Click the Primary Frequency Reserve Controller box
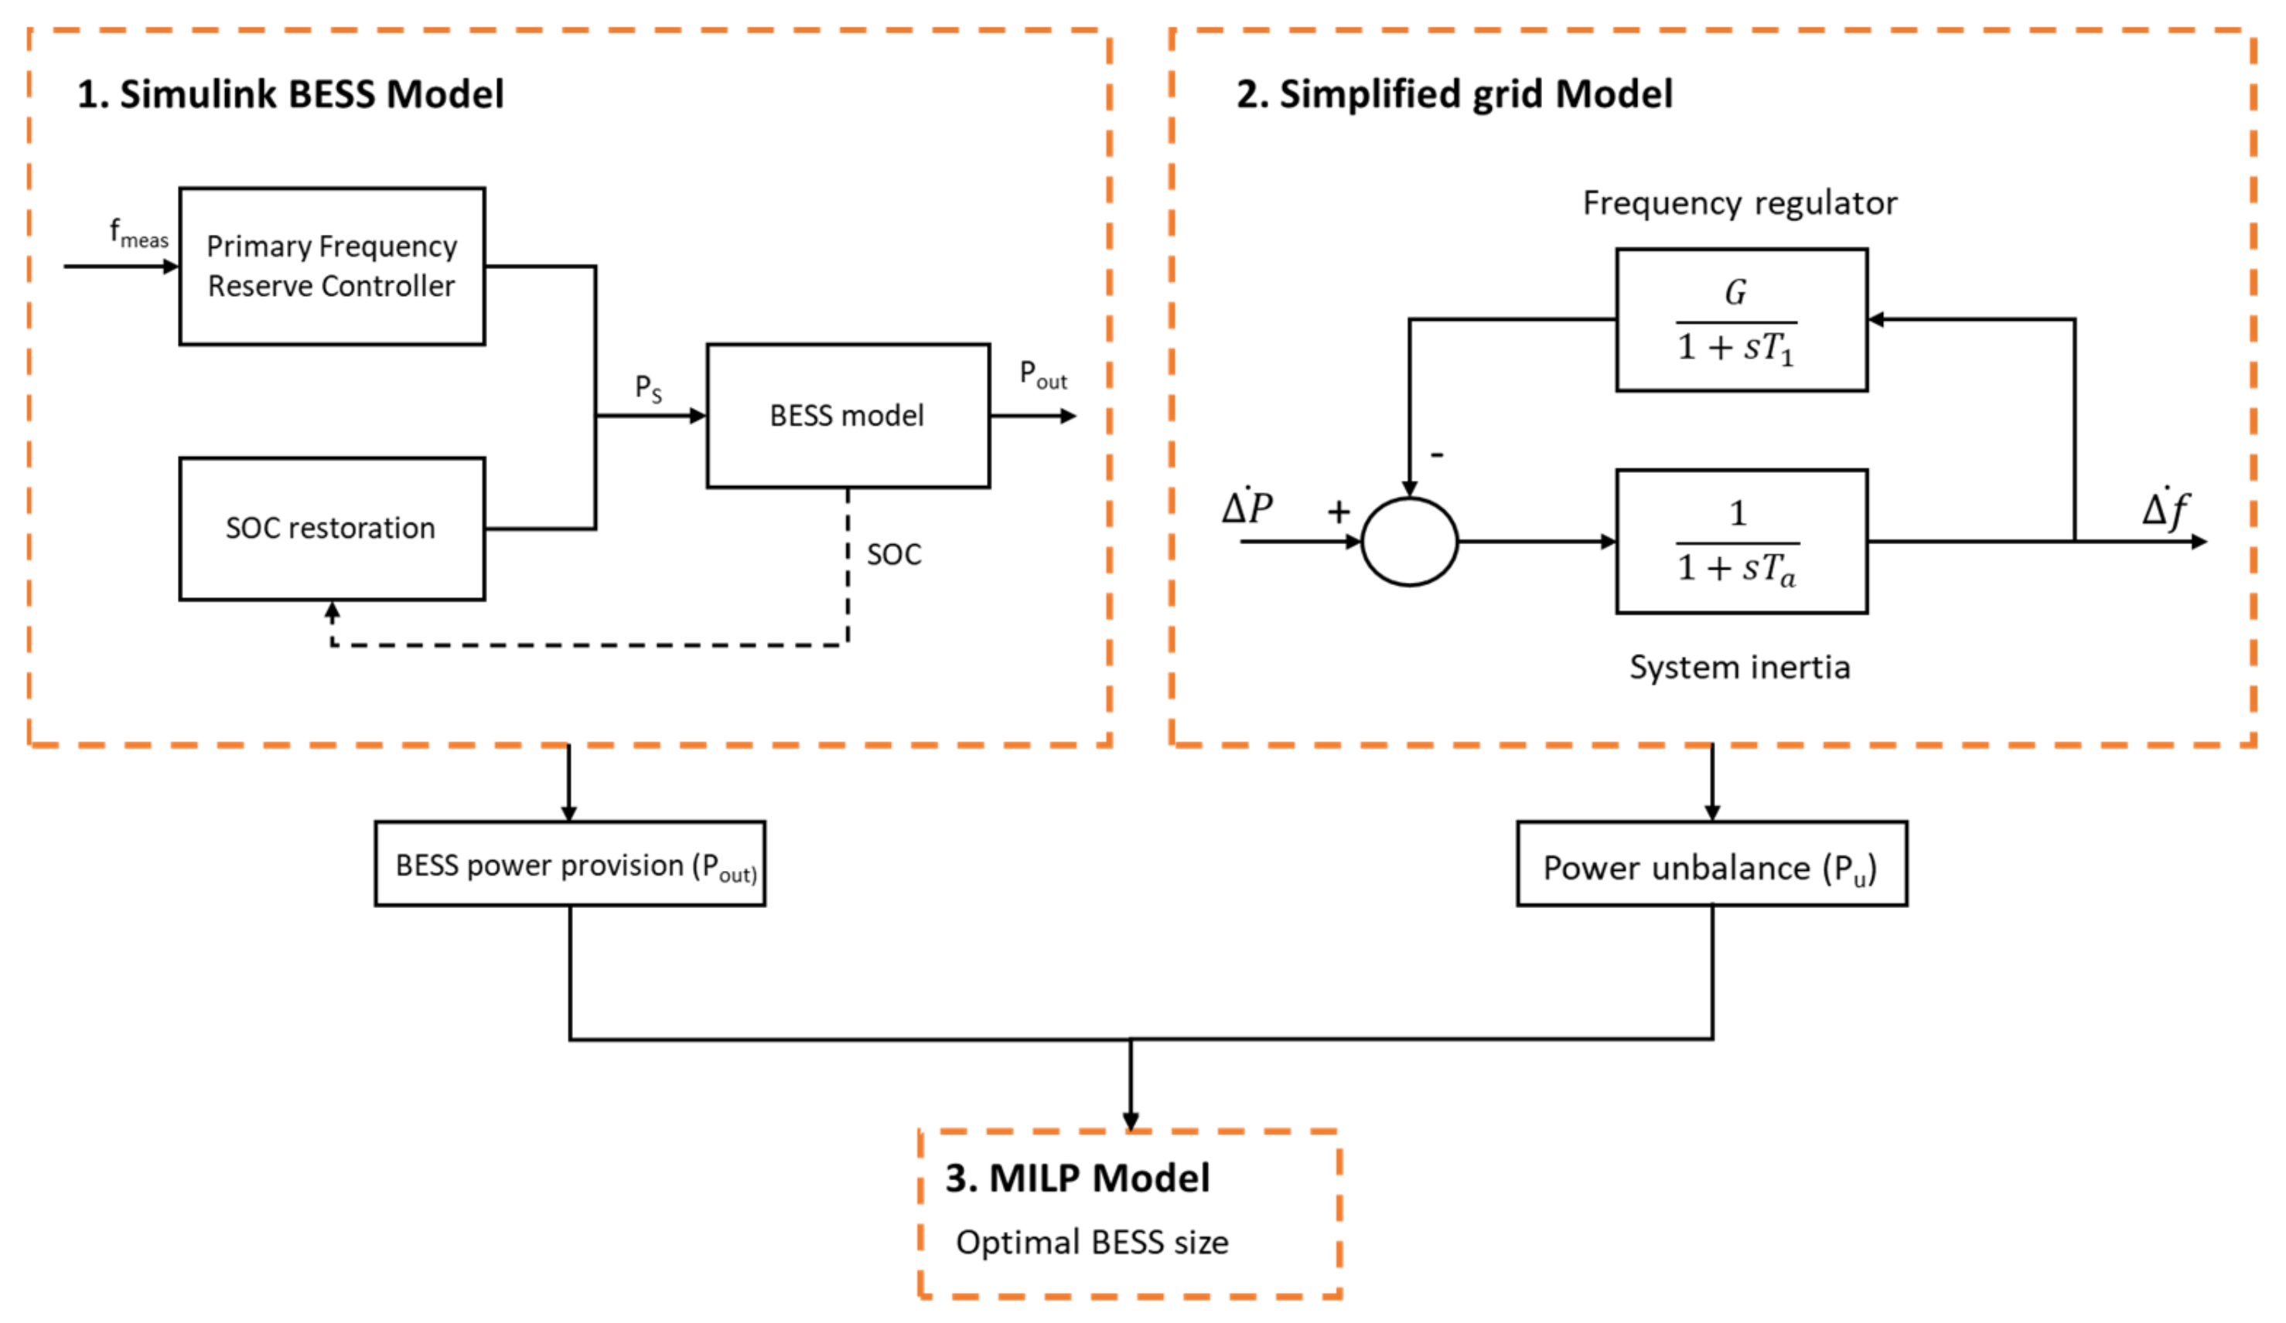coord(332,266)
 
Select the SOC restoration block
coord(332,529)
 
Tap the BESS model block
coord(848,415)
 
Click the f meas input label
coord(138,233)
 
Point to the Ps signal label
coord(648,388)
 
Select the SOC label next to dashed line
coord(893,554)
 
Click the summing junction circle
coord(1409,542)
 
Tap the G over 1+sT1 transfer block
coord(1740,319)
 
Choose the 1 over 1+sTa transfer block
coord(1740,542)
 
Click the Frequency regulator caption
coord(1739,203)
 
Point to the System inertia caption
coord(1739,668)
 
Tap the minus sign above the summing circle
coord(1437,454)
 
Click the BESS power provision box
coord(570,864)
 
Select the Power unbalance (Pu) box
coord(1711,864)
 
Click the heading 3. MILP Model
coord(1076,1178)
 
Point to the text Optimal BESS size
coord(1091,1243)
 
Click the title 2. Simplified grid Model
coord(1454,94)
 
